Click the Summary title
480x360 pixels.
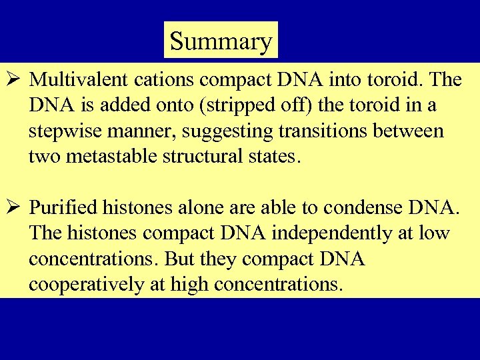(221, 41)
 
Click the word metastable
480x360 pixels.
(115, 156)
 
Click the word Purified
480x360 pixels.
(64, 208)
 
